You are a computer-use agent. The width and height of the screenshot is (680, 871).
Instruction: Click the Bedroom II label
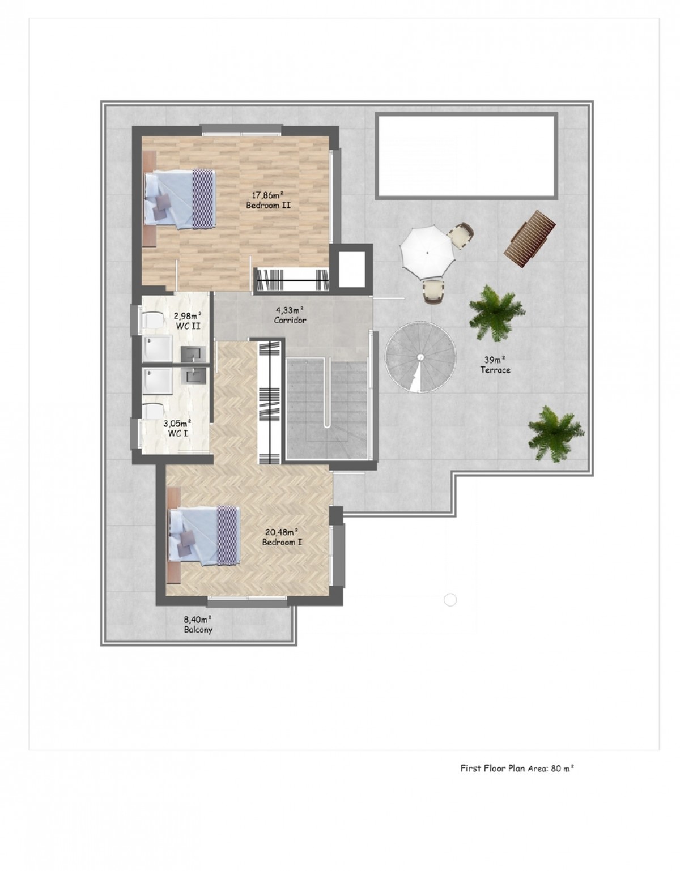coord(268,205)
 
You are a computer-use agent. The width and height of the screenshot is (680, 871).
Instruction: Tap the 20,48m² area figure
coord(282,532)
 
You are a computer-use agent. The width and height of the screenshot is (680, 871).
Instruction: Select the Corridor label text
coord(290,321)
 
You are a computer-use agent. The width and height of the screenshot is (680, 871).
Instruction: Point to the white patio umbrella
coord(427,253)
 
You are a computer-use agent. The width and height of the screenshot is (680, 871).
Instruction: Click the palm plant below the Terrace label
coord(556,433)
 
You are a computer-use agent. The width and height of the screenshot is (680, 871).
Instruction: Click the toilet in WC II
coord(152,321)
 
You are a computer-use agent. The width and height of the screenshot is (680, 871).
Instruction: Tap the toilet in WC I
coord(152,412)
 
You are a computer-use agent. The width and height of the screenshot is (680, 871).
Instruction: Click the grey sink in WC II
coord(193,355)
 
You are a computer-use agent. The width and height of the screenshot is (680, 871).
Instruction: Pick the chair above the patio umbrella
coord(461,236)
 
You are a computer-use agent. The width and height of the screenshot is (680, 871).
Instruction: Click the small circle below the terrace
coord(450,611)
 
